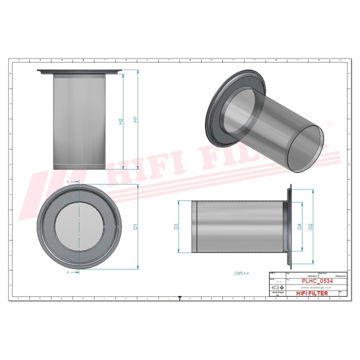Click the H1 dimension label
click(x=135, y=120)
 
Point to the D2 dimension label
click(x=311, y=227)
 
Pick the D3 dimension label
click(x=176, y=227)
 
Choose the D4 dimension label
click(x=299, y=227)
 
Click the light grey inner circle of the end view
click(x=79, y=227)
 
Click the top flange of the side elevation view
click(x=79, y=71)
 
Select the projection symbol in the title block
click(x=276, y=288)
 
